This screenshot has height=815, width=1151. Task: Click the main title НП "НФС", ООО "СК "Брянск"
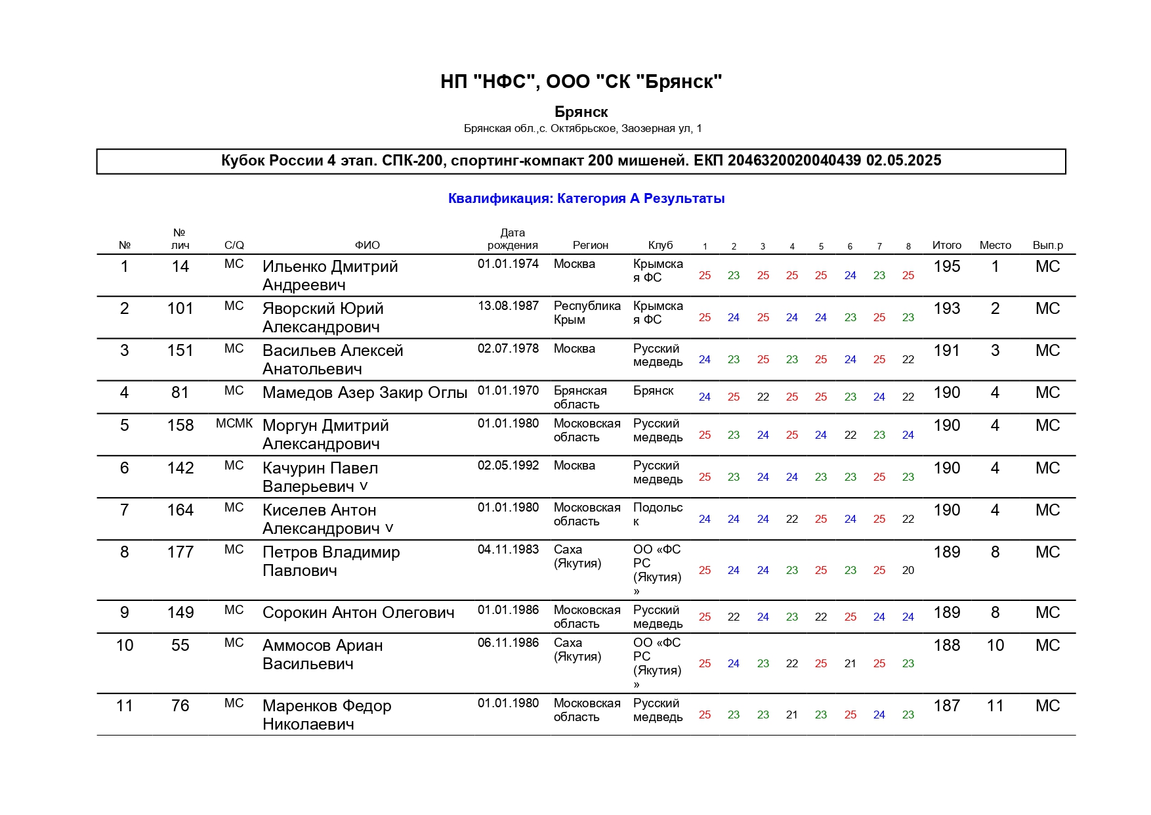click(x=581, y=82)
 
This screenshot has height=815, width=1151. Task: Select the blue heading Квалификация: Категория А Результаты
click(x=586, y=198)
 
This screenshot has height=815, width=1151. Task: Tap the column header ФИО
click(x=367, y=245)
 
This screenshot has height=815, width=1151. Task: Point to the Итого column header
click(x=946, y=245)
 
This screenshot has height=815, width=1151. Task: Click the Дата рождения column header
click(x=513, y=239)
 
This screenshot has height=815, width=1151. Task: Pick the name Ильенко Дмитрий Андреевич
click(x=330, y=275)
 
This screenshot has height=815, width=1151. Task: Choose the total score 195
click(x=946, y=267)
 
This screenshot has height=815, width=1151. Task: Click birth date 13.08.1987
click(x=508, y=306)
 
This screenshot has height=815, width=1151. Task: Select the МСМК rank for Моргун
click(x=234, y=424)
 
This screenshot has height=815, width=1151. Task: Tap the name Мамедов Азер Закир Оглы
click(x=365, y=393)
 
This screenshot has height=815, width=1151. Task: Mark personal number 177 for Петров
click(x=180, y=552)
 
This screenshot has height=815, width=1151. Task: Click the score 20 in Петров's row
click(x=908, y=570)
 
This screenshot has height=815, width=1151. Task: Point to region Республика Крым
click(x=587, y=313)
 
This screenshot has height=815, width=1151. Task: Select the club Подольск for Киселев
click(x=658, y=514)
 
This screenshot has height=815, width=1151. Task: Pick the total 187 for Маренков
click(x=946, y=706)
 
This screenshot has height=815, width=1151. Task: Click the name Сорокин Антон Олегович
click(x=358, y=613)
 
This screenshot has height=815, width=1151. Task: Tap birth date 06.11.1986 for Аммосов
click(x=508, y=643)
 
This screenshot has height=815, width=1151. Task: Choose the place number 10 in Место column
click(x=995, y=646)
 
